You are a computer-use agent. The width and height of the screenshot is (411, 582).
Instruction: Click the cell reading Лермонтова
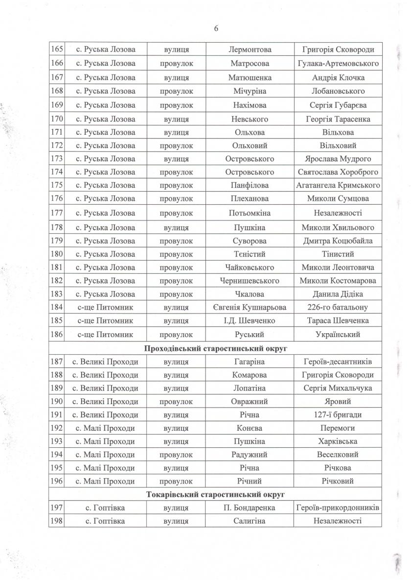coord(250,50)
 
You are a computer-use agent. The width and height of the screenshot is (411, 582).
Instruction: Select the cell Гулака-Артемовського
coord(338,64)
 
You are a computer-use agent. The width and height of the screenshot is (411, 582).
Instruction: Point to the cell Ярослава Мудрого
coord(338,159)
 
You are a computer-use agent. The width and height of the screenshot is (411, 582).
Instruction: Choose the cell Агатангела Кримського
coord(338,185)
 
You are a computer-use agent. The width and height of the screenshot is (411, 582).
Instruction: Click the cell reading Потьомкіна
coord(250,213)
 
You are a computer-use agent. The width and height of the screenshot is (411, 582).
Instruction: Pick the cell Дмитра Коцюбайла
coord(338,241)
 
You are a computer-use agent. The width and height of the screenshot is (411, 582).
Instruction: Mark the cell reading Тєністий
coord(250,254)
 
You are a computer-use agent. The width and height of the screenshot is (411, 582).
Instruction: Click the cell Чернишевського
coord(250,281)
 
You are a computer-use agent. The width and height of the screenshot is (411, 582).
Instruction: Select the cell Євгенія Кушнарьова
coord(250,308)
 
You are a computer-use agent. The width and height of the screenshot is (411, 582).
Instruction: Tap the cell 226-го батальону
coord(338,308)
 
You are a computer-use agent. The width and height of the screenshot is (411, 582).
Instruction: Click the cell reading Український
coord(338,334)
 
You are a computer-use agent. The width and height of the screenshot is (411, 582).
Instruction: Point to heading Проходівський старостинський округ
coord(215,348)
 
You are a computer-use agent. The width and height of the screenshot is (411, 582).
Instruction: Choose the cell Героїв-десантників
coord(338,362)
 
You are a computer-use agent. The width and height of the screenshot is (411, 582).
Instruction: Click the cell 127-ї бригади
coord(338,414)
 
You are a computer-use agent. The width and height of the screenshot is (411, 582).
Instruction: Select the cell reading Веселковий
coord(338,455)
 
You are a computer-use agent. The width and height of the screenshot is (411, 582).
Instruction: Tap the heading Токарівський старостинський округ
coord(215,495)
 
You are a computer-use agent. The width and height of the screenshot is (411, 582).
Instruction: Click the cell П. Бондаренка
coord(250,508)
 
